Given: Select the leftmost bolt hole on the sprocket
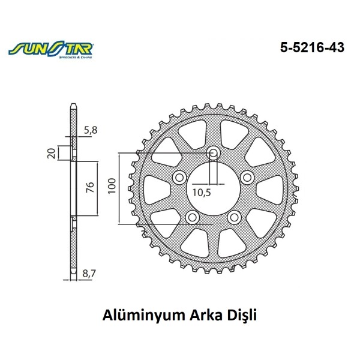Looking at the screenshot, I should [x=178, y=177].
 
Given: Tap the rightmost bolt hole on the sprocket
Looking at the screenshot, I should [x=247, y=176].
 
